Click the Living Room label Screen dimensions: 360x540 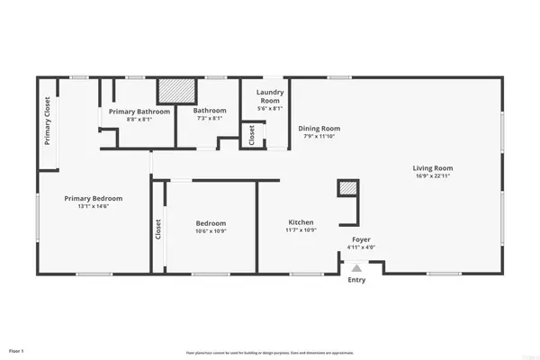432,168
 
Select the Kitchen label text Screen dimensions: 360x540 301,222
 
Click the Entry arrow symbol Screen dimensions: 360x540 357,267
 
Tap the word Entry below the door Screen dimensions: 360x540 357,281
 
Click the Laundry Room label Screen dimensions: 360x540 270,96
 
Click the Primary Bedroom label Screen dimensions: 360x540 93,198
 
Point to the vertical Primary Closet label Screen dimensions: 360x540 47,121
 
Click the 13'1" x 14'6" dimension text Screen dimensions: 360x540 93,207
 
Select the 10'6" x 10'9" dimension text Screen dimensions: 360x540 211,231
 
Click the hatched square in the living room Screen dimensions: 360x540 347,188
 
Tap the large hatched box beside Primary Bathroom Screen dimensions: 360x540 176,92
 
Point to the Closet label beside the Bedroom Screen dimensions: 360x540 158,231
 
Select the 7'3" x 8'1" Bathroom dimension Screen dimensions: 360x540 210,119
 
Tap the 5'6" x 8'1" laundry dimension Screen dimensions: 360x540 270,109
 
